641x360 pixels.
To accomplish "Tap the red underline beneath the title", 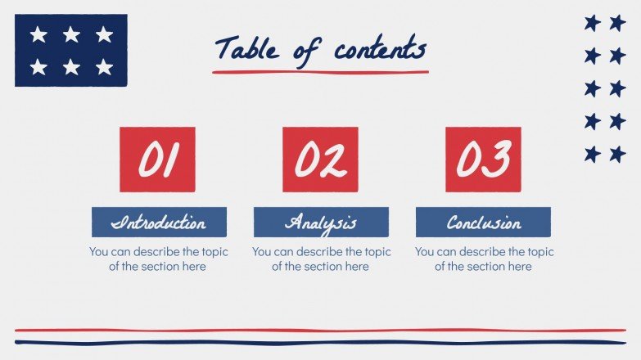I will point(320,72).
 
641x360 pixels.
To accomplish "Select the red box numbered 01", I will point(157,159).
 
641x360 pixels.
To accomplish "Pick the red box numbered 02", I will point(320,159).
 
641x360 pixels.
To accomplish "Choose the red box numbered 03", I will point(483,159).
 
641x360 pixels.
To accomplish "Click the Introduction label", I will point(159,222).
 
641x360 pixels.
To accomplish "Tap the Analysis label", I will point(321,222).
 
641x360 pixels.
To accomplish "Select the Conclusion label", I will point(483,222).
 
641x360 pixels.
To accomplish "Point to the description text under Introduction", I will point(158,259).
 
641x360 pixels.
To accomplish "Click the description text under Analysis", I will point(321,259).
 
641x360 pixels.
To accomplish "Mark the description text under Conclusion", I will point(484,259).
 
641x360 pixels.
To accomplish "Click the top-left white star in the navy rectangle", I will point(38,34).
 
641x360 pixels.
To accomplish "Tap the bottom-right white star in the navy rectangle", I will point(104,67).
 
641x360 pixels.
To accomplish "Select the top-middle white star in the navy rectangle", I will point(71,34).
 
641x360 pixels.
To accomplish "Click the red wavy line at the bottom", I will point(320,331).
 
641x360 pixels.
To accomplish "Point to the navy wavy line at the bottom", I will point(320,342).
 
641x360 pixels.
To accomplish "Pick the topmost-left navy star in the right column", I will point(592,23).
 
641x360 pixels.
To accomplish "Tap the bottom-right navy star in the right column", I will point(617,154).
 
